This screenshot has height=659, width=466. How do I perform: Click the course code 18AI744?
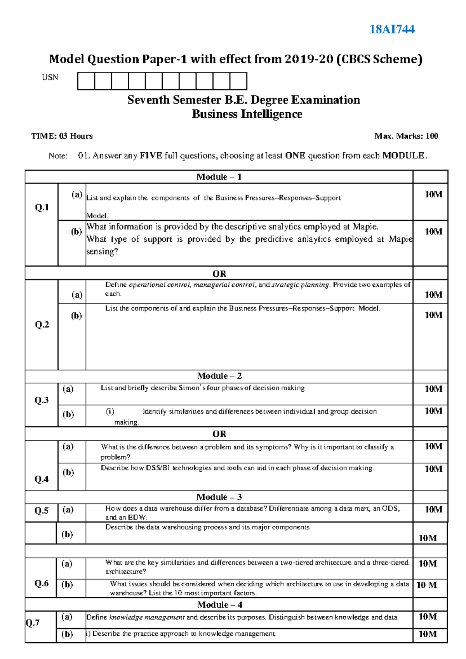[x=392, y=29]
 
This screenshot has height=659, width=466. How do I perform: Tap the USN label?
[x=50, y=77]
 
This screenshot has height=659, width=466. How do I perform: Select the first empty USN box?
[x=86, y=81]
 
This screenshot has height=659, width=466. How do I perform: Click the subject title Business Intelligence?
[x=247, y=114]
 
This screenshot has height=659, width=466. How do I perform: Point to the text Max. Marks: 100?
[x=406, y=136]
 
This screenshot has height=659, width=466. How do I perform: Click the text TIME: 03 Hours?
[x=62, y=136]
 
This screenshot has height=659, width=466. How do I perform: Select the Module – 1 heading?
[x=219, y=177]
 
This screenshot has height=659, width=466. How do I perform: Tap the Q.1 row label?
[x=42, y=207]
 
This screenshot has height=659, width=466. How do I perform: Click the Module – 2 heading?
[x=219, y=376]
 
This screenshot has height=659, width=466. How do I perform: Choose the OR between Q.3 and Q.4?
[x=219, y=434]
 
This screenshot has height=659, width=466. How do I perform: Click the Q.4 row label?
[x=42, y=479]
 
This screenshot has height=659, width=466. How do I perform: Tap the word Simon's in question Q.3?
[x=191, y=388]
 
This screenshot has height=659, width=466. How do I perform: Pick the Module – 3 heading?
[x=219, y=497]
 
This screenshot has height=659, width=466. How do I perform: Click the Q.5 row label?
[x=42, y=510]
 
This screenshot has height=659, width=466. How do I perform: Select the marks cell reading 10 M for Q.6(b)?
[x=427, y=585]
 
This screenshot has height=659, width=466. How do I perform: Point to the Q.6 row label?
[x=42, y=583]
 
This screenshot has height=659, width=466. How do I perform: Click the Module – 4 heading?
[x=219, y=605]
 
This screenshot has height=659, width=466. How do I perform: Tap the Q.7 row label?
[x=33, y=623]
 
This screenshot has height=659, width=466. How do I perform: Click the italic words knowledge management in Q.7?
[x=147, y=617]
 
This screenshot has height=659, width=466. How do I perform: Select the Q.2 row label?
[x=42, y=324]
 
